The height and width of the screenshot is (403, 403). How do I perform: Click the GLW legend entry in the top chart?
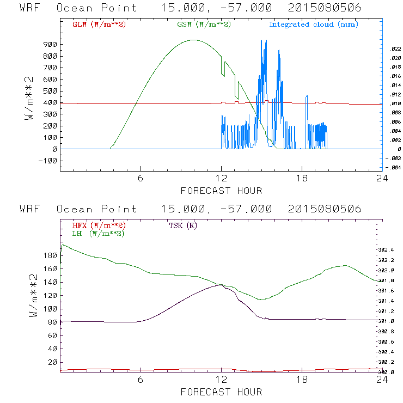[99, 25]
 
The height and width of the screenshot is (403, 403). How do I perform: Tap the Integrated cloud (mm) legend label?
[314, 25]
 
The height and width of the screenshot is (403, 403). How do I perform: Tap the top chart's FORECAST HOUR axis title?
[221, 191]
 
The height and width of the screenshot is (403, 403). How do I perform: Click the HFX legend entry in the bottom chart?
[99, 225]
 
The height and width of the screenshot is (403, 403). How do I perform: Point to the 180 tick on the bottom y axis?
[50, 255]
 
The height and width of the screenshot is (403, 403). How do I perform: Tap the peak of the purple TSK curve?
[221, 284]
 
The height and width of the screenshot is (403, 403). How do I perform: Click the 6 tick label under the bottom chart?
[141, 380]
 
